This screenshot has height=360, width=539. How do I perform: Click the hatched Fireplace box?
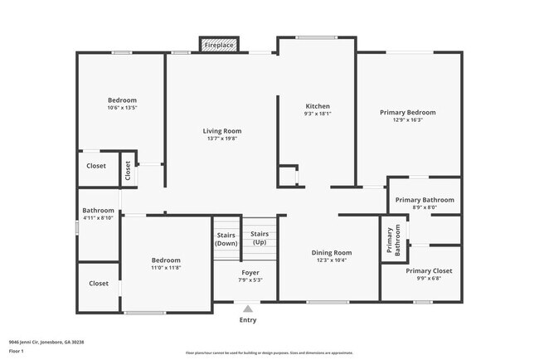(x=219, y=45)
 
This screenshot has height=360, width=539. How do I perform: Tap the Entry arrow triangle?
(x=248, y=309)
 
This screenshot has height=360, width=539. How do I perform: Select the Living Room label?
(x=222, y=131)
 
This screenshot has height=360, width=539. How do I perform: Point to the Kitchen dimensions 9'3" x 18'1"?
(x=318, y=114)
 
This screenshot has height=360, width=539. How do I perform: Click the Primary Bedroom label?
(x=408, y=113)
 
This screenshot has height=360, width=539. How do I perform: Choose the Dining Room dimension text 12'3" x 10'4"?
(x=332, y=260)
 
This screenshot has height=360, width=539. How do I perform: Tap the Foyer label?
(x=250, y=273)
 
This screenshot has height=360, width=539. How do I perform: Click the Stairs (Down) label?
(x=226, y=240)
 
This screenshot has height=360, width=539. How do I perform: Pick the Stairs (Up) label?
(x=260, y=238)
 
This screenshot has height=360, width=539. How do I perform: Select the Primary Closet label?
(x=429, y=271)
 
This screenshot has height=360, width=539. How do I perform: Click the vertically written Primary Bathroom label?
(x=394, y=240)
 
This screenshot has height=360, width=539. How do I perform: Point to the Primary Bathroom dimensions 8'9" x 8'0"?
(x=425, y=207)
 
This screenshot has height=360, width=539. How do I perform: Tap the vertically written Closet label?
(x=128, y=171)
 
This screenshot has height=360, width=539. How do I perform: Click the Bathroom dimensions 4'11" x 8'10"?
(x=98, y=217)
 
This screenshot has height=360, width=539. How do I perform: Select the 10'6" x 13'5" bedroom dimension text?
(x=122, y=108)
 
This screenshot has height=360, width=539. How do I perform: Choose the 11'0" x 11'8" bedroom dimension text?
(x=166, y=268)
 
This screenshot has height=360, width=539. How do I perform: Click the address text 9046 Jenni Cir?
(x=24, y=342)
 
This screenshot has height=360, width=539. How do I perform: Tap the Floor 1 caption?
(x=16, y=351)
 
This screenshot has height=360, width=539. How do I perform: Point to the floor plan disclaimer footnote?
(x=269, y=353)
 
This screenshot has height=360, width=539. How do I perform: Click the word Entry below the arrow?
(x=248, y=320)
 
